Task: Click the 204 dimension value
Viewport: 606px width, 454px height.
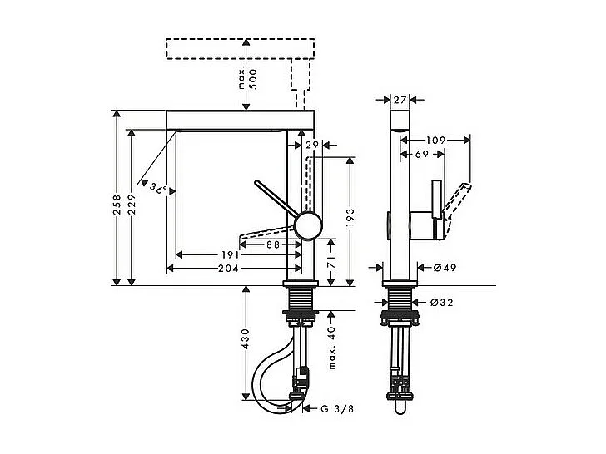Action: click(229, 269)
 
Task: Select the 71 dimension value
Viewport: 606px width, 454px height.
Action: click(330, 261)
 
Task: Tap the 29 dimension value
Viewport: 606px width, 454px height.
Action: click(311, 145)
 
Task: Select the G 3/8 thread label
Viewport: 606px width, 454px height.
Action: click(337, 408)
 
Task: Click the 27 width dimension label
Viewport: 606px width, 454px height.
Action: click(399, 99)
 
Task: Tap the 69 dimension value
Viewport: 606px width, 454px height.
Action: click(421, 154)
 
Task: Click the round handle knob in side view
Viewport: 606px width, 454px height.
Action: click(308, 225)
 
